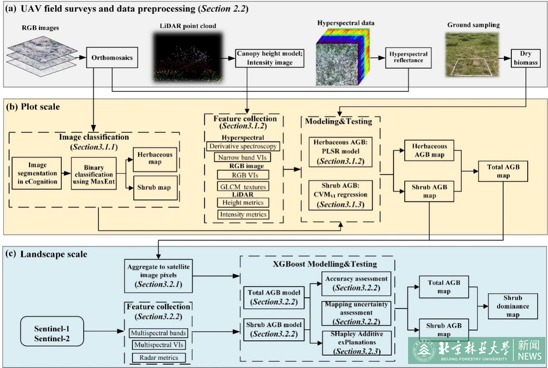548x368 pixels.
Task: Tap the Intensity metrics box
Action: pyautogui.click(x=243, y=214)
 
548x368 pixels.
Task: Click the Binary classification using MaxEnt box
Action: pyautogui.click(x=94, y=173)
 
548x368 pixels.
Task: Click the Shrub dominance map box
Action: pyautogui.click(x=513, y=306)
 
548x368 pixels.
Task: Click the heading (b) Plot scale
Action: pyautogui.click(x=33, y=107)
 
